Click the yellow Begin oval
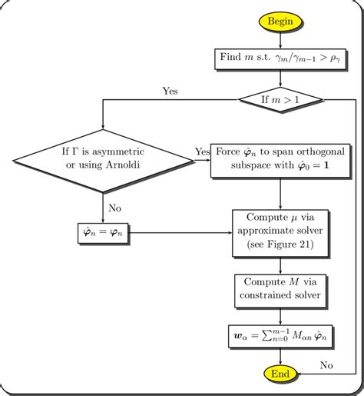[x=280, y=22]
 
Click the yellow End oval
[x=280, y=374]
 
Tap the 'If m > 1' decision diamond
[x=280, y=99]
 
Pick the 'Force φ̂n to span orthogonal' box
[x=280, y=160]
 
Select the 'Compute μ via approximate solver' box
[x=280, y=231]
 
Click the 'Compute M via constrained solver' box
[x=280, y=289]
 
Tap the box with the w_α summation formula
[x=280, y=335]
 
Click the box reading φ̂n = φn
[x=102, y=231]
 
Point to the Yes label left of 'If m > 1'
[x=170, y=91]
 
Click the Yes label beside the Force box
[x=202, y=152]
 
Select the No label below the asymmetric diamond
[x=115, y=208]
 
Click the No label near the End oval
[x=326, y=364]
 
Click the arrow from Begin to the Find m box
[x=280, y=40]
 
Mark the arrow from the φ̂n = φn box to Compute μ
[x=180, y=231]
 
